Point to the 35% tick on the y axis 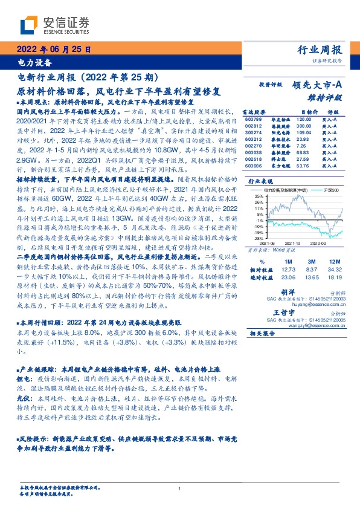pos(258,196)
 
